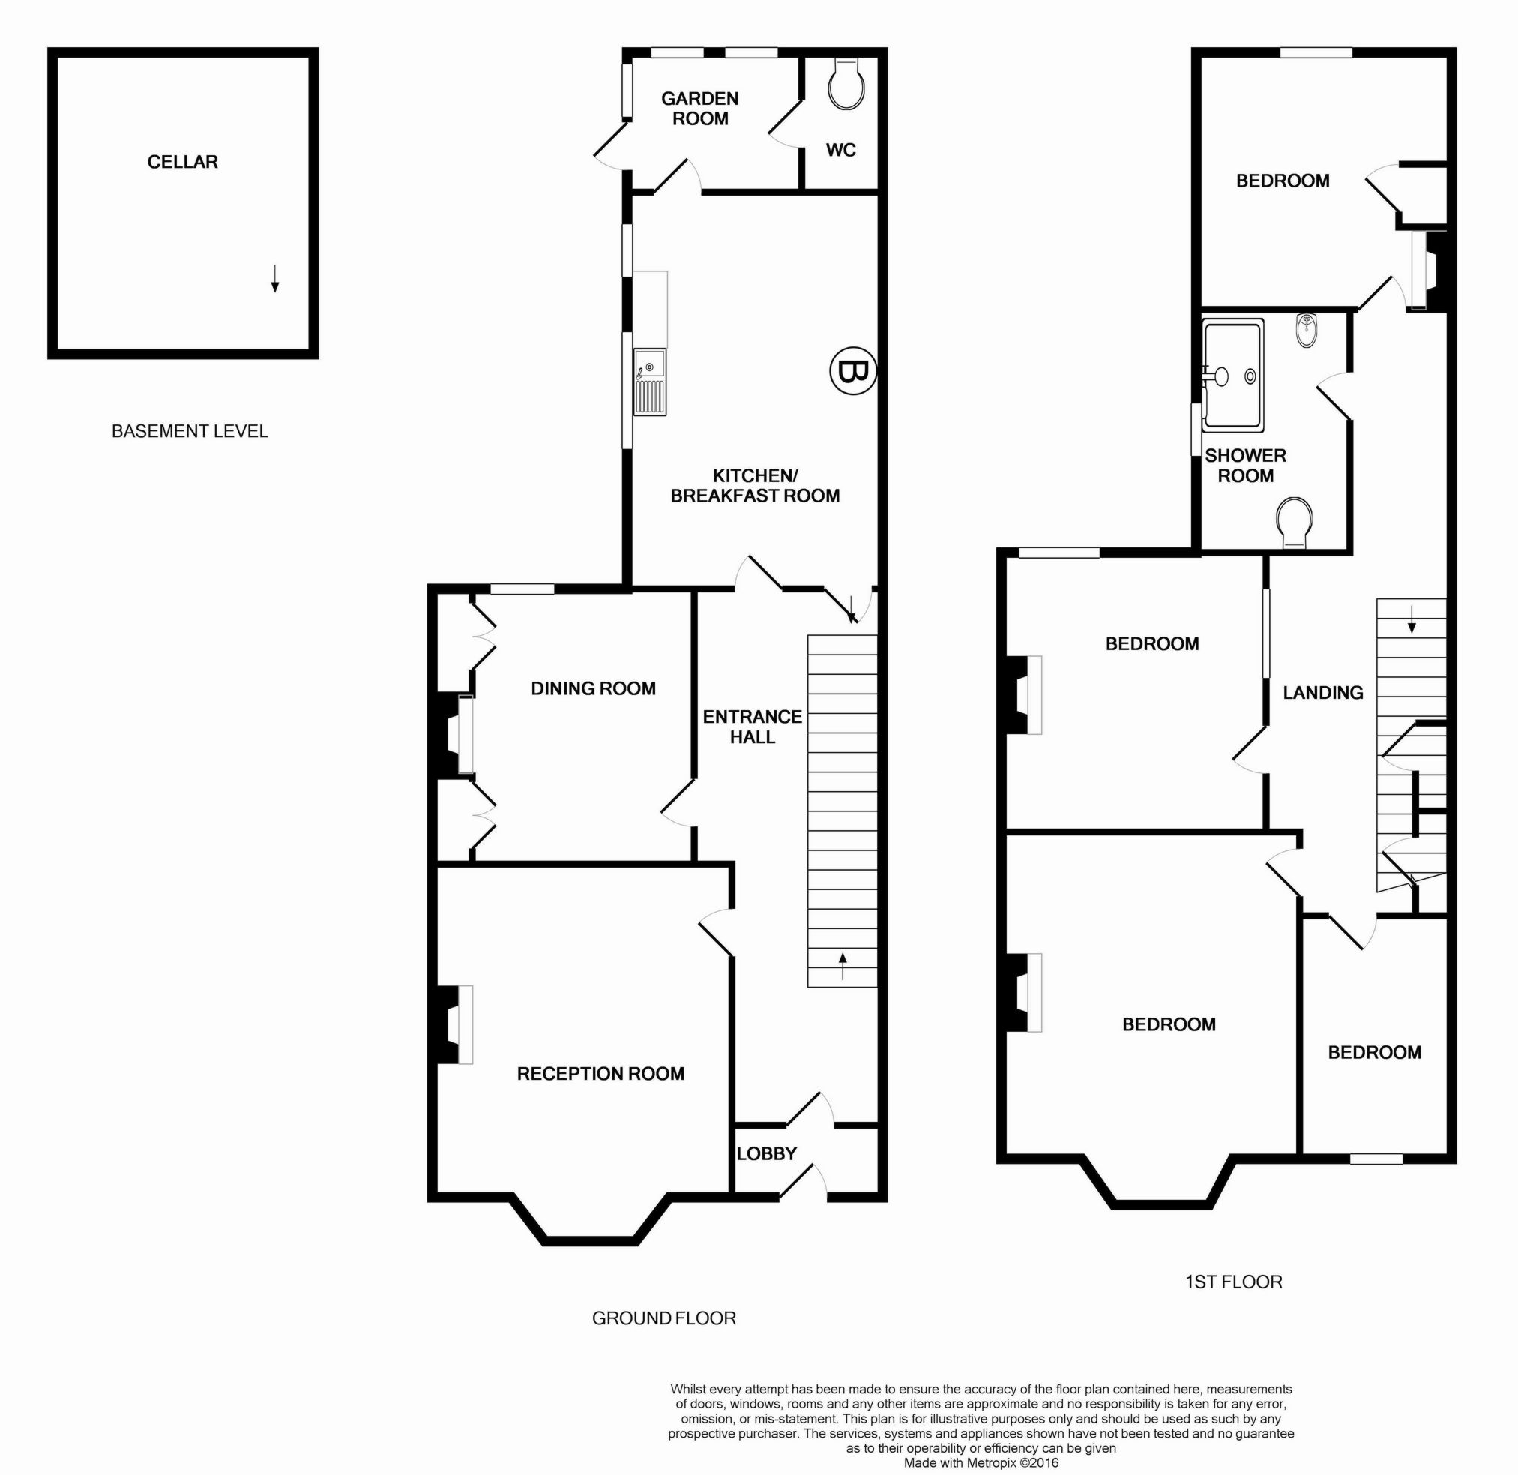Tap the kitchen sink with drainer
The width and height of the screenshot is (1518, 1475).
(650, 381)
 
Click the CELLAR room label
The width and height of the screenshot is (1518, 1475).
(183, 162)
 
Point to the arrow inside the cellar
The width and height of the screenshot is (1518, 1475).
(274, 278)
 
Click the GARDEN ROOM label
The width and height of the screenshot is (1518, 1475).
(699, 109)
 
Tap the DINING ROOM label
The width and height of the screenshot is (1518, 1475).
(593, 688)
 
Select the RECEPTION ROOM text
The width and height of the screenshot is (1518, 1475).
(600, 1073)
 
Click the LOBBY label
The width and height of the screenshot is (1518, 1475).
(766, 1153)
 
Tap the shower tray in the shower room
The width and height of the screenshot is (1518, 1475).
(1233, 376)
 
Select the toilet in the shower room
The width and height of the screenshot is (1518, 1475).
(1294, 521)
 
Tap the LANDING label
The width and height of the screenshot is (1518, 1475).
(1323, 693)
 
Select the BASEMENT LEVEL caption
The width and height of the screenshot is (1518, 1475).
(190, 431)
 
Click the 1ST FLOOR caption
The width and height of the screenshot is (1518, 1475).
(1234, 1282)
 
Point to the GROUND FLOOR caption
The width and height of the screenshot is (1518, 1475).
(663, 1318)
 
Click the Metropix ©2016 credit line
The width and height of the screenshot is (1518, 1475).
(981, 1462)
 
